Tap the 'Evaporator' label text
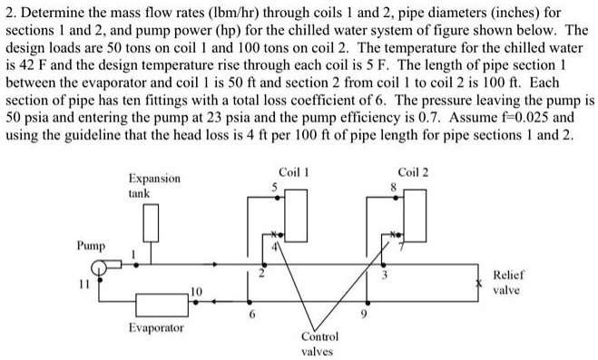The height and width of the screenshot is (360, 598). (155, 327)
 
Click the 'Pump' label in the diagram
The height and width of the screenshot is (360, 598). (90, 246)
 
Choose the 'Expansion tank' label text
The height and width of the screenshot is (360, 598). (154, 186)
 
